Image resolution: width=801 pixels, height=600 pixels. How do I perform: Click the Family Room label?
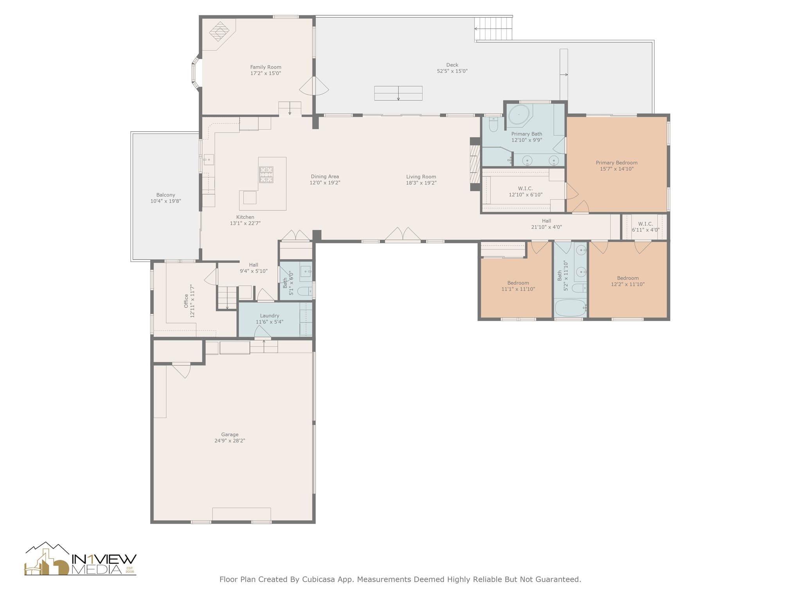click(x=266, y=67)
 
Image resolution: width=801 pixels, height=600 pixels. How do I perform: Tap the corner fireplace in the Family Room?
click(x=219, y=32)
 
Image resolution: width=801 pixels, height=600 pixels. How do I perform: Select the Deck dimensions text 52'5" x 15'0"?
click(x=452, y=71)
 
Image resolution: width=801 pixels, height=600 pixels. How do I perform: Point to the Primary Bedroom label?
click(x=616, y=163)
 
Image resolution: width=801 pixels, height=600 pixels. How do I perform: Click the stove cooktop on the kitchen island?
click(x=267, y=175)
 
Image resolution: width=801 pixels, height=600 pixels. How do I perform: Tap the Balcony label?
click(x=166, y=195)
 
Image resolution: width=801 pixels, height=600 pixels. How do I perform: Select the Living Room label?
click(x=421, y=177)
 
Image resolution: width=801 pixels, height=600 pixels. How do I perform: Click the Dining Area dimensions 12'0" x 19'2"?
click(x=325, y=182)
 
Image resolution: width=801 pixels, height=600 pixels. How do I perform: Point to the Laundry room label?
click(x=269, y=316)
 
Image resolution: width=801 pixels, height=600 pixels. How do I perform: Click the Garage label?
click(x=230, y=434)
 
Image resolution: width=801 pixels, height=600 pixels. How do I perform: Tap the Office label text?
click(x=186, y=301)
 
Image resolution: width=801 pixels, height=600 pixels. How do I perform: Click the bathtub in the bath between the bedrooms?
click(x=571, y=308)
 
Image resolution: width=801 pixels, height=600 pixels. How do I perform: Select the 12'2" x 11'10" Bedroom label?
click(x=628, y=278)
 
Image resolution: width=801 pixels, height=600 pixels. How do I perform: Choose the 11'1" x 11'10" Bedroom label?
click(x=518, y=283)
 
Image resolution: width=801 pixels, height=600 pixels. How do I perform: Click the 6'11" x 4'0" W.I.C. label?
click(x=645, y=224)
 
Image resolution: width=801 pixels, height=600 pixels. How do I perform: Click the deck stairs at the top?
click(x=494, y=29)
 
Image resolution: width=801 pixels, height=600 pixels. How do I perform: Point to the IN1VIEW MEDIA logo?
click(x=81, y=559)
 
